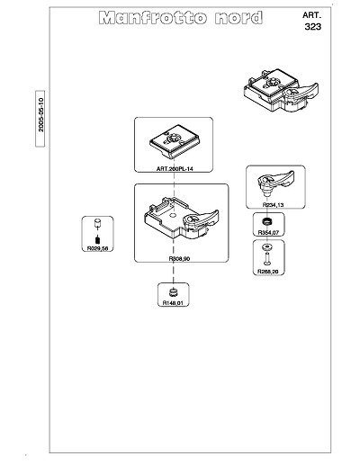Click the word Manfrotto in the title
153,18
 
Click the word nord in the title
238,18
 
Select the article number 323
313,27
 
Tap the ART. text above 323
311,15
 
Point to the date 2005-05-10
40,115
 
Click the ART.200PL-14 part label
175,169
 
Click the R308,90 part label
179,258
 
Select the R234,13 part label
273,205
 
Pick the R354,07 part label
268,232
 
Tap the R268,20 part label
268,272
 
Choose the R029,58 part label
97,248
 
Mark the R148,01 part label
173,303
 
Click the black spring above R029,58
97,240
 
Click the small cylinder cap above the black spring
97,223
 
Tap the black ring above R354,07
266,221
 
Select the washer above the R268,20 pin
266,247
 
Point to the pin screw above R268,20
266,258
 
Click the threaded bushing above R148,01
173,291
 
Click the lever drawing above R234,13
275,183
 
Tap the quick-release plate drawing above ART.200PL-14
175,145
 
